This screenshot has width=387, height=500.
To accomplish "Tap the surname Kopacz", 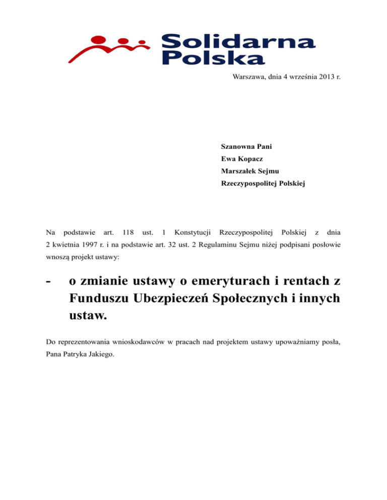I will point(246,159).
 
